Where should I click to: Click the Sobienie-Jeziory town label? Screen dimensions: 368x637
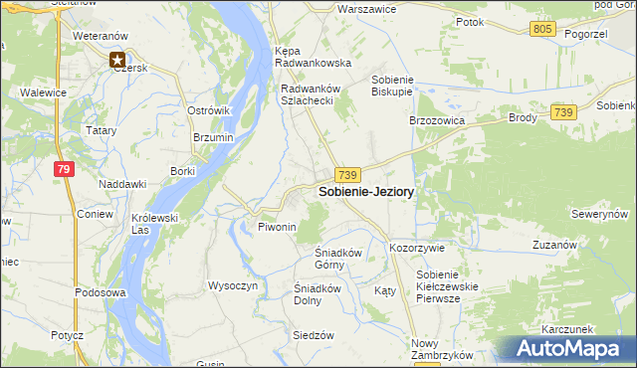(x=366, y=192)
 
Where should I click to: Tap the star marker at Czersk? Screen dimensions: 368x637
(x=118, y=60)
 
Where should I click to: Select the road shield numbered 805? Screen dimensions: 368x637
(x=542, y=30)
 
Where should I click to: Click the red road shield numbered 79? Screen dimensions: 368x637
(x=65, y=170)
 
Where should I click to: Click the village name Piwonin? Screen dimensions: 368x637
(x=278, y=228)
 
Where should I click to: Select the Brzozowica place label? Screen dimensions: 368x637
(x=439, y=119)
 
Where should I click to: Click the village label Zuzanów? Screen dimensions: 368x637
(x=555, y=245)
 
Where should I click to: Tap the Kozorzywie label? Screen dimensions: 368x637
(x=417, y=247)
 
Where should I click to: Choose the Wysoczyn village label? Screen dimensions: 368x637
(x=233, y=285)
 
